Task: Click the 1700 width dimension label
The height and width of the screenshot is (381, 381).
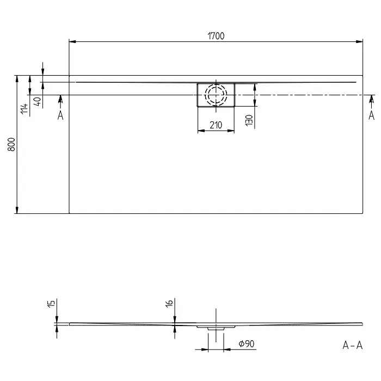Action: coord(216,36)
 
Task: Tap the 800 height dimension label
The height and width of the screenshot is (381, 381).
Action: coord(11,144)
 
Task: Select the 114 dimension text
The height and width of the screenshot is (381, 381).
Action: coord(24,109)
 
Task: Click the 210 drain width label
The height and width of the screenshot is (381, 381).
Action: coord(216,125)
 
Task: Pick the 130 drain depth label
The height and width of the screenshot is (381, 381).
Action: coord(249,120)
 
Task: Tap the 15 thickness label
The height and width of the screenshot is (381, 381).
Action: coord(51,304)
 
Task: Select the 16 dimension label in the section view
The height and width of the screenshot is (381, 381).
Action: coord(169,303)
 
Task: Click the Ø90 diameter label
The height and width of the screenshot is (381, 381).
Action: coord(247,344)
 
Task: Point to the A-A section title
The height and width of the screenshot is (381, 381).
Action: coord(352,345)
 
